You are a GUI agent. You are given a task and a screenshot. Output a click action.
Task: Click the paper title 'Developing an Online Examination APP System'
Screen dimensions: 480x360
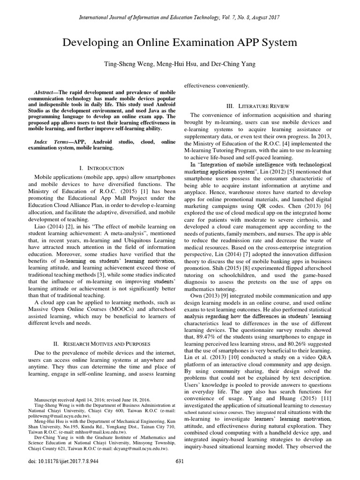coord(180,43)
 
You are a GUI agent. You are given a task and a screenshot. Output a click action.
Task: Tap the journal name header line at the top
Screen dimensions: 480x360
coord(180,17)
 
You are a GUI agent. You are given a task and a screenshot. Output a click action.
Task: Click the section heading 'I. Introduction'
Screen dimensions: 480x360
coord(102,167)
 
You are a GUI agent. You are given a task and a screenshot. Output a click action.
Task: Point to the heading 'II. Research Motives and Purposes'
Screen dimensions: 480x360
coord(102,344)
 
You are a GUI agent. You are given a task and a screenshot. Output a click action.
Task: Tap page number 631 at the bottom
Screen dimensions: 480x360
coord(180,473)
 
